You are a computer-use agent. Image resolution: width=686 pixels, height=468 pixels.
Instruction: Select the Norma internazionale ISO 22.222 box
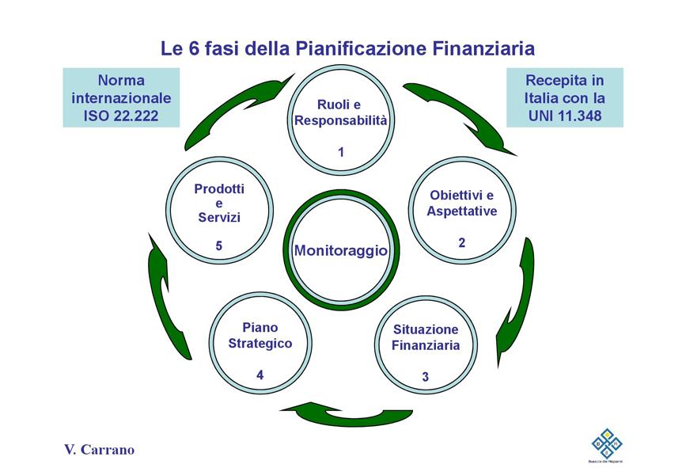[121, 98]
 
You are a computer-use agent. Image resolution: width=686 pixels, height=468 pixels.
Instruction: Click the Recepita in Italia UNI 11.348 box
[564, 98]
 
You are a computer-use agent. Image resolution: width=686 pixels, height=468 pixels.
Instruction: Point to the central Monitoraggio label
[340, 251]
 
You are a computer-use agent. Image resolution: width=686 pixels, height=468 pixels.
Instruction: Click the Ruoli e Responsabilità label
[340, 113]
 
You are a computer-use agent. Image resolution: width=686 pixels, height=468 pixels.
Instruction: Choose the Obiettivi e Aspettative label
[462, 204]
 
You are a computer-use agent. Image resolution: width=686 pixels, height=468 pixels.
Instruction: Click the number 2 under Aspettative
[462, 242]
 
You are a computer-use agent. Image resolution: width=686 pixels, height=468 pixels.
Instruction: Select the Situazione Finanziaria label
[425, 337]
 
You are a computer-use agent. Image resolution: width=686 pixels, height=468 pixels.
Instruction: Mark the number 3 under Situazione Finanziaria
[425, 377]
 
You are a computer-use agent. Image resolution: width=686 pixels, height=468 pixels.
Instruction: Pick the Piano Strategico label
[260, 336]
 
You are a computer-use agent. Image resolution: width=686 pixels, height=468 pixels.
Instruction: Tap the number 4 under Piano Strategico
[260, 375]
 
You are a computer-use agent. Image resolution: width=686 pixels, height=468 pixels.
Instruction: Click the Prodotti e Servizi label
[219, 203]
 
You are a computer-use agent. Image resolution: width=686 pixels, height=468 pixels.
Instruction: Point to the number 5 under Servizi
[219, 246]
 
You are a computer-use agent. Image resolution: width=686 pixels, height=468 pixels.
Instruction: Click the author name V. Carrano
[99, 450]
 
